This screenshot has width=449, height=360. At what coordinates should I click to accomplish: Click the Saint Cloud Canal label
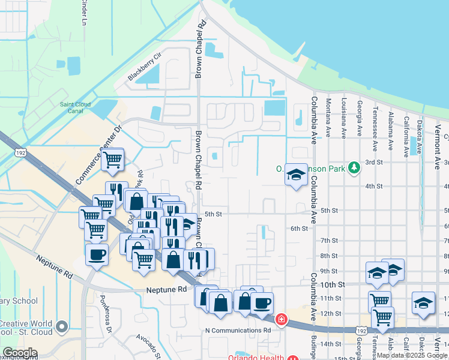75,108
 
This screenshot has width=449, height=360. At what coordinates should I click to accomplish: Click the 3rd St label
374,162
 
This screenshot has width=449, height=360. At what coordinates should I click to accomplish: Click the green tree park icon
354,167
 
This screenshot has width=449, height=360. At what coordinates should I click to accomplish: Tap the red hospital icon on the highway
280,319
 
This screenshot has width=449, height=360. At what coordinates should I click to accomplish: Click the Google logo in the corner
20,353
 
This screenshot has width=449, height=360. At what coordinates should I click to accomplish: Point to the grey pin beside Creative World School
61,327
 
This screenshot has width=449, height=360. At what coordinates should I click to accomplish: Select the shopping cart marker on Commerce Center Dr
112,160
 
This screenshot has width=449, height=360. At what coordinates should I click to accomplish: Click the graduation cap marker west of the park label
296,175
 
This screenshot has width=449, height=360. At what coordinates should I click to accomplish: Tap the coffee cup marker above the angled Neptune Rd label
97,254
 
